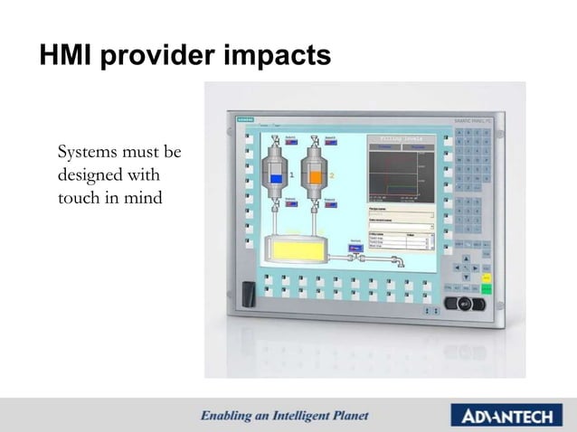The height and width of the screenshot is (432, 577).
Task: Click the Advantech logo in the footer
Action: click(x=508, y=416)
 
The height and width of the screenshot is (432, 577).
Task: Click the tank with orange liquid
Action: click(x=316, y=176)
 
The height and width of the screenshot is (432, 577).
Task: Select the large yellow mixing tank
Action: click(x=291, y=250)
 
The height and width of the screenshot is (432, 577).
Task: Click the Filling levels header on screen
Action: click(x=401, y=138)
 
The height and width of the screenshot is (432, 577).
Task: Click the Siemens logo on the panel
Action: click(x=243, y=120)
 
